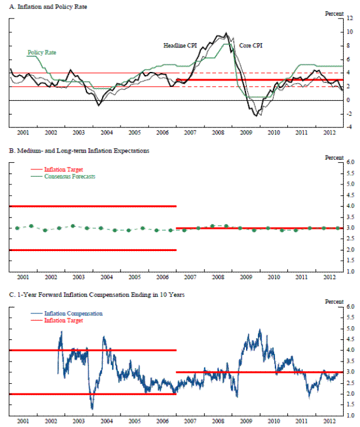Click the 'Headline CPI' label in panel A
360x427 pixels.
coord(181,45)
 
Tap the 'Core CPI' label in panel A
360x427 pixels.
coord(251,45)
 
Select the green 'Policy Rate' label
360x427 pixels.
coord(42,52)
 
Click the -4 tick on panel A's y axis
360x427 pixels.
coord(350,127)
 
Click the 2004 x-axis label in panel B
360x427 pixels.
coord(106,277)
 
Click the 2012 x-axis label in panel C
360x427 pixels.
coord(329,421)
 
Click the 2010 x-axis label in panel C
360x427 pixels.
coord(273,421)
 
